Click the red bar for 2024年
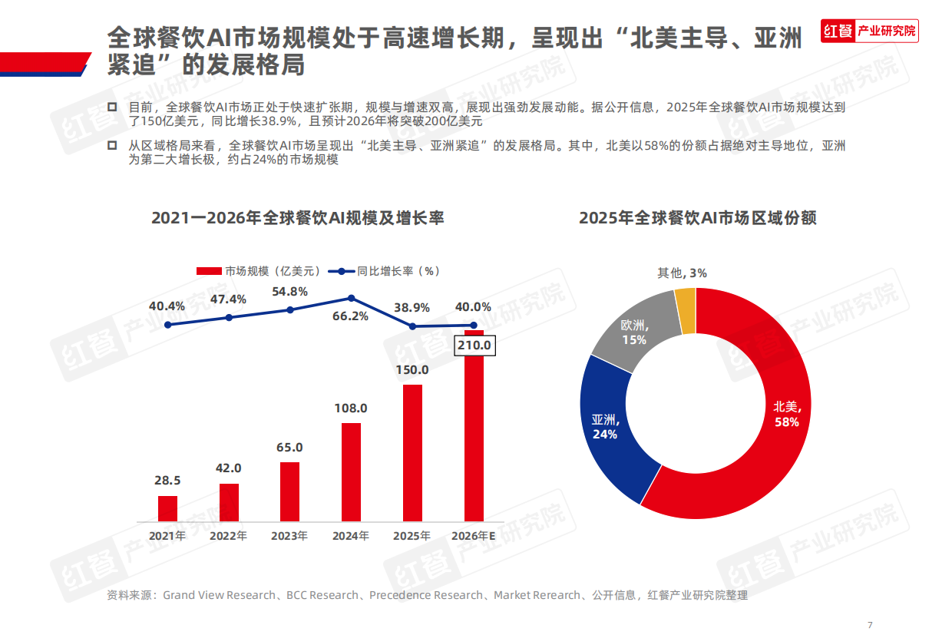(x=351, y=471)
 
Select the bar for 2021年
(x=167, y=508)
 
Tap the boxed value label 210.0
(x=474, y=346)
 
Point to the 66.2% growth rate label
(x=351, y=316)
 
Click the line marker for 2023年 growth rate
(x=290, y=309)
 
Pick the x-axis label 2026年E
(x=474, y=536)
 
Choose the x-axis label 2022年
(x=229, y=536)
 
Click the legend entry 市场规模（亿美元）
(x=259, y=271)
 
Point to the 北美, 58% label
(x=786, y=414)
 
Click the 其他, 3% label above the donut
(x=682, y=273)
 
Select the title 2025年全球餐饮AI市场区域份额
(x=697, y=218)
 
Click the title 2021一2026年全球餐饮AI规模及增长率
(x=298, y=218)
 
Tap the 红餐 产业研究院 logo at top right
(x=869, y=31)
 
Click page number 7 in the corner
(x=870, y=624)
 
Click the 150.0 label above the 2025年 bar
(x=413, y=370)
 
